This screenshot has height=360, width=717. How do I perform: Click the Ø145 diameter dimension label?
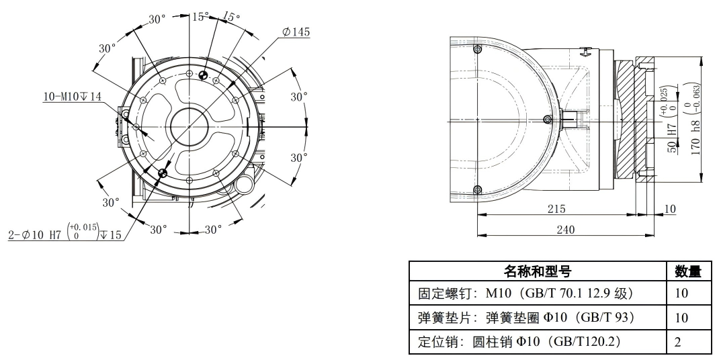click(x=296, y=32)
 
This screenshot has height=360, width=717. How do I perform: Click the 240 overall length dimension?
click(x=565, y=230)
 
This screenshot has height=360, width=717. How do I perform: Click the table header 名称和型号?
click(x=538, y=271)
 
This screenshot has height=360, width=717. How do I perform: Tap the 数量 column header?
click(x=687, y=271)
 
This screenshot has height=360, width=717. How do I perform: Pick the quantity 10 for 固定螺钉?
click(x=681, y=294)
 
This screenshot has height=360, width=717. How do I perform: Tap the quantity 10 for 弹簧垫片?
click(x=681, y=318)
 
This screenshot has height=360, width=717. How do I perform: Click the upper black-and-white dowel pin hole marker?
click(x=204, y=75)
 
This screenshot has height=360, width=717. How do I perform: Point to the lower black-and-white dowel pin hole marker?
click(x=162, y=173)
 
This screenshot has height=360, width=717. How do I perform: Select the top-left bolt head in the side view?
click(x=478, y=51)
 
